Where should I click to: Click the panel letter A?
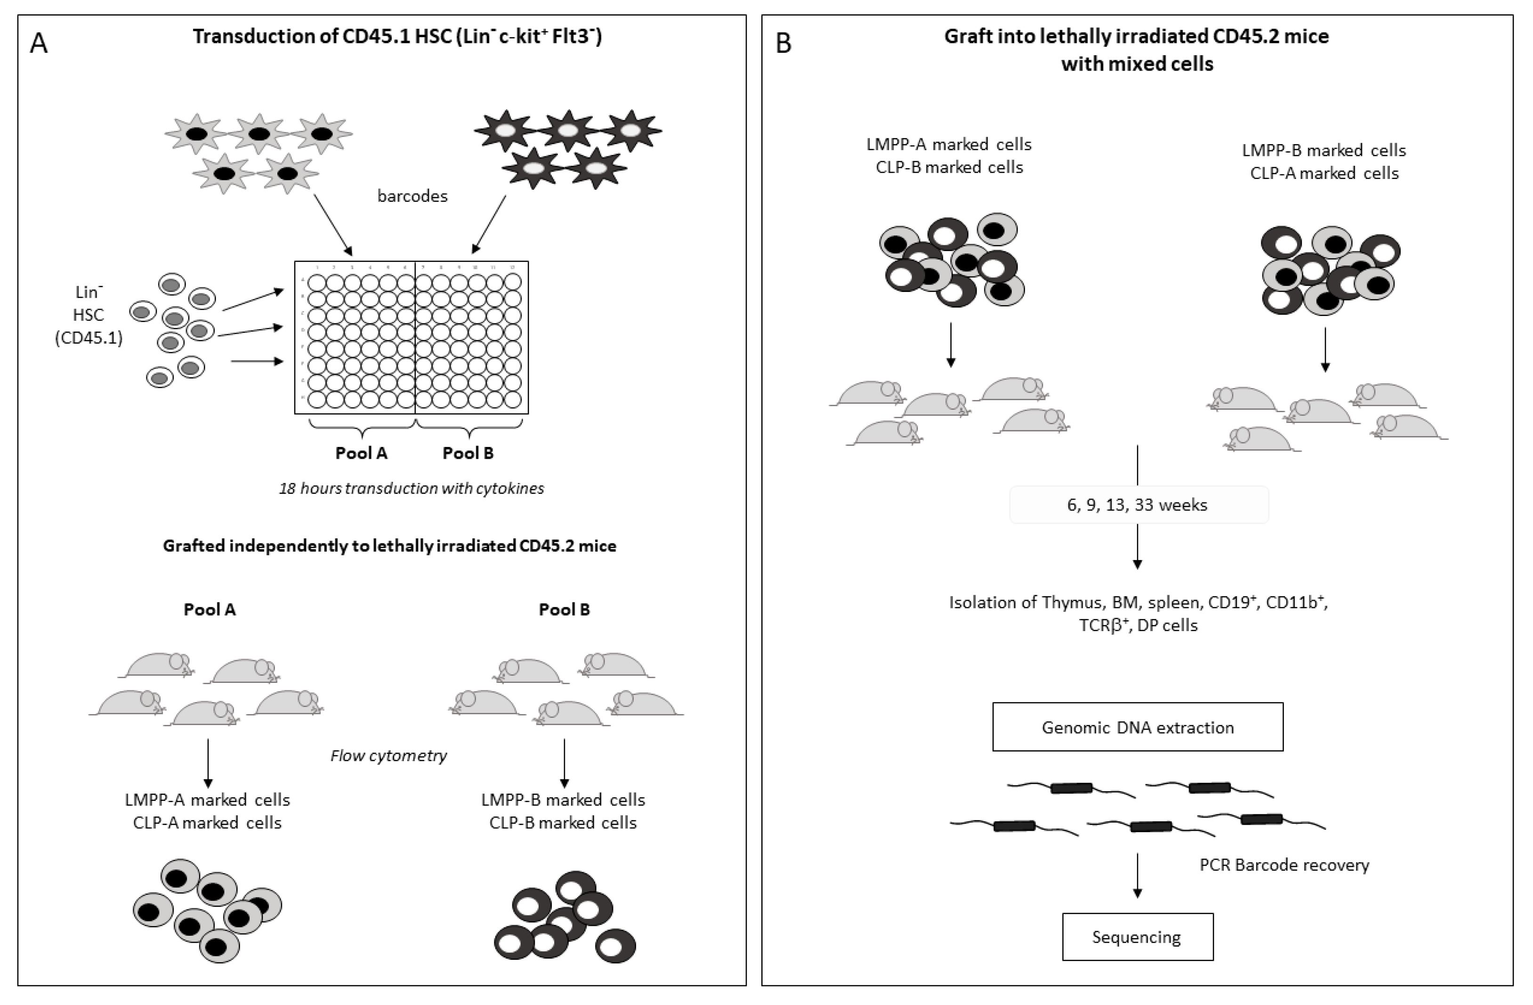[x=39, y=44]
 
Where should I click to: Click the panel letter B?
[x=783, y=43]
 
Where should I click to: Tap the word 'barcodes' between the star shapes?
[x=412, y=196]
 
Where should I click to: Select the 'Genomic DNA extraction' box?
[x=1138, y=727]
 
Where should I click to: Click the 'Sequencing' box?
[x=1137, y=937]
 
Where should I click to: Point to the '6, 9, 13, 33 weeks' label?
[x=1138, y=504]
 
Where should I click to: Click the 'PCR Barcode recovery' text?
[x=1284, y=865]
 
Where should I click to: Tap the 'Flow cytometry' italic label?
[x=388, y=755]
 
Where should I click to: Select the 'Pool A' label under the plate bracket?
[x=361, y=453]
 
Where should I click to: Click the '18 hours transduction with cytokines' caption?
[x=411, y=488]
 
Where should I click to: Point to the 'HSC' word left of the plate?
[x=88, y=315]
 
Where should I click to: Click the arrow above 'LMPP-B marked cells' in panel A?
[x=564, y=763]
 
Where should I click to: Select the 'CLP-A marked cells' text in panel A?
[x=208, y=823]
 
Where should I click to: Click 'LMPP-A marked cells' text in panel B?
[x=949, y=144]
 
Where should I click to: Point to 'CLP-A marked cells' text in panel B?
[x=1324, y=173]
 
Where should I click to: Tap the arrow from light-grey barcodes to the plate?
[x=332, y=224]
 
